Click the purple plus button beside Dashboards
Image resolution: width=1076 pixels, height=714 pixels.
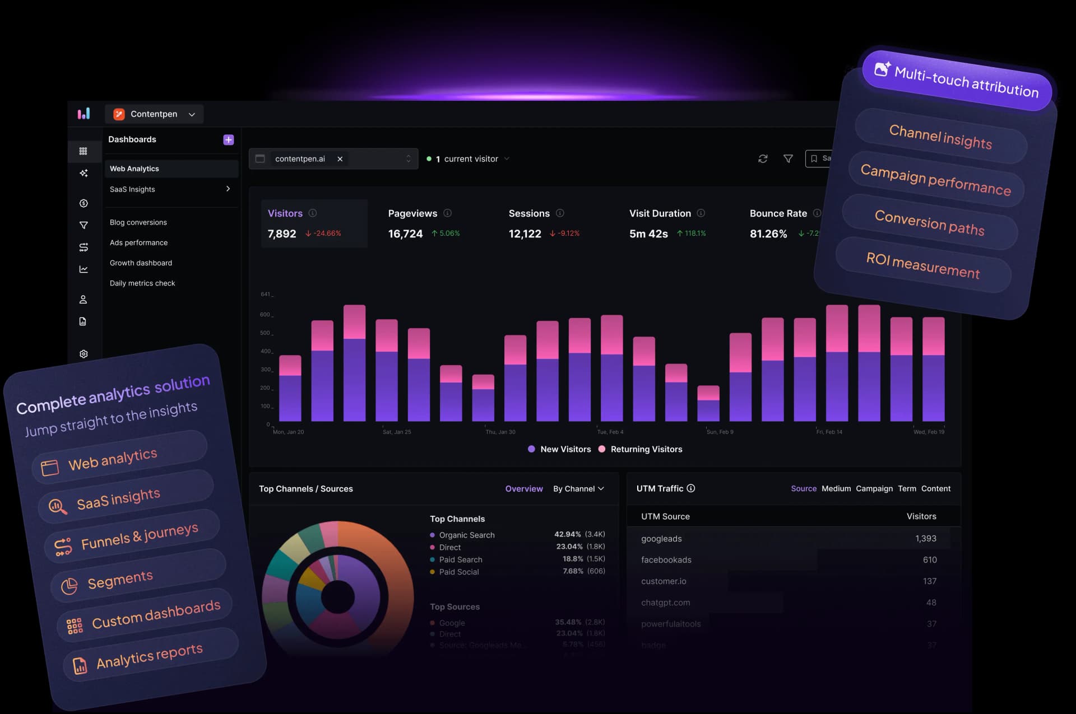(x=228, y=140)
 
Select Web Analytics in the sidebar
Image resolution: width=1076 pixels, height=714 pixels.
(x=134, y=169)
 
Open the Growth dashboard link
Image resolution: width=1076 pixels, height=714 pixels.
(x=141, y=263)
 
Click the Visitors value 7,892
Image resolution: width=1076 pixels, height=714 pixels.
(x=282, y=234)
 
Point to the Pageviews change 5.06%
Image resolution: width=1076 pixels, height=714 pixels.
(x=446, y=234)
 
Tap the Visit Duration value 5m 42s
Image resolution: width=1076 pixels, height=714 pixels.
(x=648, y=234)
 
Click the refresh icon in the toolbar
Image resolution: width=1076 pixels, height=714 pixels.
(x=763, y=159)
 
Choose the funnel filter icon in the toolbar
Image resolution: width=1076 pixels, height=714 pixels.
(x=788, y=159)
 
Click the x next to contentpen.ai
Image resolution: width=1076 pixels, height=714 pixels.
(x=340, y=159)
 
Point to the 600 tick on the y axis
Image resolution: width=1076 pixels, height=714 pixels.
(x=265, y=315)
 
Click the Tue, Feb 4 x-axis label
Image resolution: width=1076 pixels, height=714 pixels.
(x=610, y=432)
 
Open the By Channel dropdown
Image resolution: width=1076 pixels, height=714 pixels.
(x=578, y=489)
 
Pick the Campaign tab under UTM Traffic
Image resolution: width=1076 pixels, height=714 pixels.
(x=874, y=489)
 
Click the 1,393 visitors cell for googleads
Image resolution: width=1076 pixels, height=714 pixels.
(x=925, y=539)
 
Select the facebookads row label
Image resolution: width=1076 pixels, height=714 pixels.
(x=666, y=560)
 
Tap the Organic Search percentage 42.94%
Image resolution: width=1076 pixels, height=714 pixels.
(x=567, y=534)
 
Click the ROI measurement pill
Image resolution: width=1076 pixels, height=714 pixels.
(x=922, y=265)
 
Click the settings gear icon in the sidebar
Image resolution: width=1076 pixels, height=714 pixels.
(x=84, y=354)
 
